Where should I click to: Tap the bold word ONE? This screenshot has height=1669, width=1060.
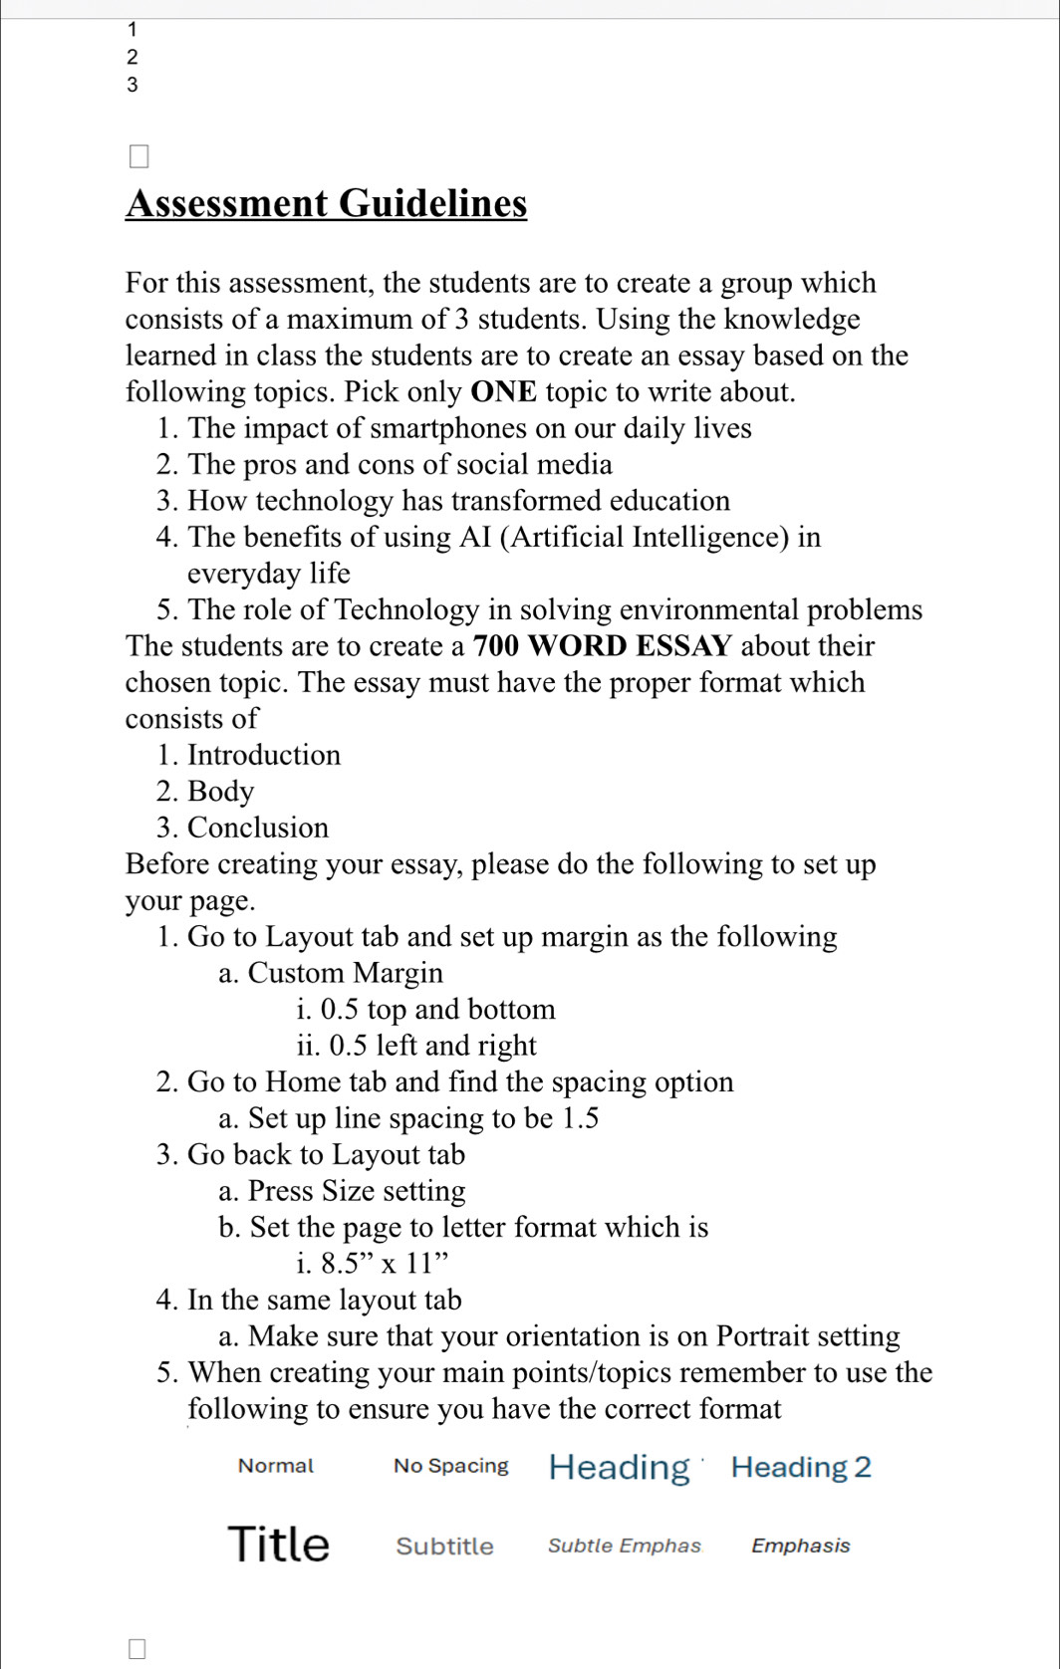click(503, 391)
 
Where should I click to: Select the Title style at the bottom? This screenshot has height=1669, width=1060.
click(278, 1544)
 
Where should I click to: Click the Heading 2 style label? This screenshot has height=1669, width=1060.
click(800, 1467)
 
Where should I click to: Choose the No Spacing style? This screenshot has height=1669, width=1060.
click(450, 1466)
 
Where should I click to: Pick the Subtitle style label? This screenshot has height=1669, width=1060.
click(444, 1546)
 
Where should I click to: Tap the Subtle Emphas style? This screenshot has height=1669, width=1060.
click(625, 1546)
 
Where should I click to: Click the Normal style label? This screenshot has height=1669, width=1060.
click(275, 1466)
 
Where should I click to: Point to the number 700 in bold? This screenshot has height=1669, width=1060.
click(496, 646)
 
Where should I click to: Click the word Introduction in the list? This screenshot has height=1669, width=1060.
click(264, 755)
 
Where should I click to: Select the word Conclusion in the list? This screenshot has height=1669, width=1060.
click(258, 828)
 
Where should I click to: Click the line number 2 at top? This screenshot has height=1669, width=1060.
click(132, 58)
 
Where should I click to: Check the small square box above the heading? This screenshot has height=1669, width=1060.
click(138, 156)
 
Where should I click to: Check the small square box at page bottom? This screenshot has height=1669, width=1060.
click(137, 1649)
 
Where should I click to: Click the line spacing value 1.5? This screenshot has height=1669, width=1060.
click(580, 1118)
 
